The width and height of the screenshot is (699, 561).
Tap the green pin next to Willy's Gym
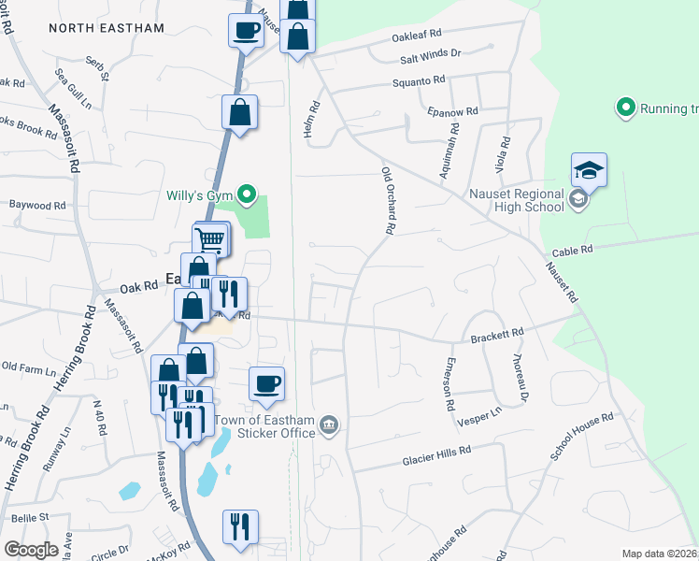click(247, 194)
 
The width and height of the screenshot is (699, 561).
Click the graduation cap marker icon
click(589, 170)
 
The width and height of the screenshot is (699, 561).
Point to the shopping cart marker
click(211, 239)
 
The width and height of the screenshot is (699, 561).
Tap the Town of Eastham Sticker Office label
click(264, 425)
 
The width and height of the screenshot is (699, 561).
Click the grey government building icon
click(329, 425)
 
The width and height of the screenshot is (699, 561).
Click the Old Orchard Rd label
click(388, 200)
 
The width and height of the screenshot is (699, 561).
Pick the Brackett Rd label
click(496, 332)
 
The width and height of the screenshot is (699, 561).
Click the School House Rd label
click(580, 436)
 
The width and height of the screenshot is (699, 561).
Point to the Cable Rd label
click(573, 251)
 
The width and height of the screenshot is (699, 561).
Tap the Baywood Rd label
click(37, 204)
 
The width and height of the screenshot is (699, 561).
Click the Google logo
click(31, 549)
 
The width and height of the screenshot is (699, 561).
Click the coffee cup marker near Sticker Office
click(266, 383)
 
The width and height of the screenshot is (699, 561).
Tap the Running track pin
click(625, 108)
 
